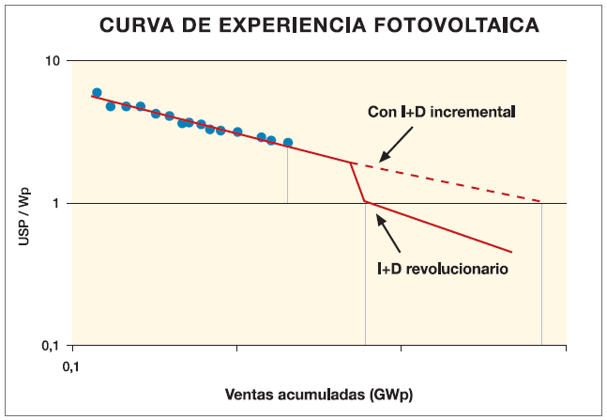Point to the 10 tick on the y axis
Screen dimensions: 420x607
click(52, 61)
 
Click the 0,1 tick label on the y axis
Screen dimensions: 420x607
click(50, 346)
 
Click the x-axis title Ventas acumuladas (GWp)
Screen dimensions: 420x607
click(319, 391)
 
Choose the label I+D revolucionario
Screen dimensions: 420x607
click(443, 269)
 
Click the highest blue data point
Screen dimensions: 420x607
click(97, 93)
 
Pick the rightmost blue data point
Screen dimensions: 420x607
click(288, 143)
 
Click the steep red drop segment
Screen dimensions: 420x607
click(357, 182)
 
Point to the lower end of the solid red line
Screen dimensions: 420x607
click(511, 252)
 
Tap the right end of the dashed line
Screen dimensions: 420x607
click(541, 202)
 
